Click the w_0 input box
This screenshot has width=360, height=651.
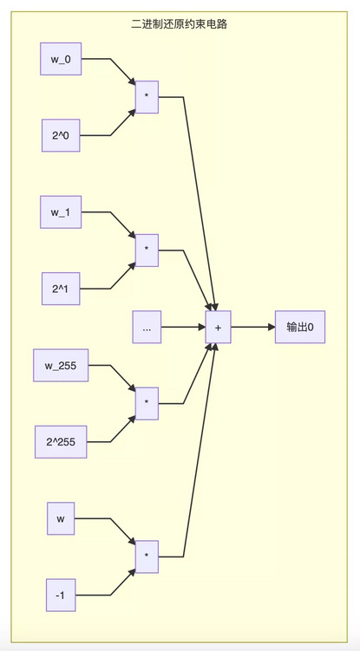(61, 59)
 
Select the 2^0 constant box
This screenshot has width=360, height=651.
(61, 135)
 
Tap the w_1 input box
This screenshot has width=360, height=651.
(61, 212)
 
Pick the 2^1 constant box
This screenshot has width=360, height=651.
(61, 289)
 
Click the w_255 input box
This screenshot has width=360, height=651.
(61, 365)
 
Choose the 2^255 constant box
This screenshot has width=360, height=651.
(61, 442)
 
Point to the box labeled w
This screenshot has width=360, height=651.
(61, 518)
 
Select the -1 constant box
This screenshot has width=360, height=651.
(61, 595)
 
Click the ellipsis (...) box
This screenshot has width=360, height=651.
(147, 327)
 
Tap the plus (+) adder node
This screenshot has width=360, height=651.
(218, 327)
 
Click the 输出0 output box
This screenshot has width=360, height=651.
(300, 327)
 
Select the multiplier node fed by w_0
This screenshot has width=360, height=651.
(147, 97)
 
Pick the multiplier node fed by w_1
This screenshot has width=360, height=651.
(147, 251)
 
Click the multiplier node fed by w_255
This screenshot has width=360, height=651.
(147, 404)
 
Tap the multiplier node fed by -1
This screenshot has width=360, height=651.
(147, 557)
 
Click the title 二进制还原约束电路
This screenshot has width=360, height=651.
(180, 24)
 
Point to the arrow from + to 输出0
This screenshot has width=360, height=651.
(252, 327)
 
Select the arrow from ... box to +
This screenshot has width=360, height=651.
(183, 327)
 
